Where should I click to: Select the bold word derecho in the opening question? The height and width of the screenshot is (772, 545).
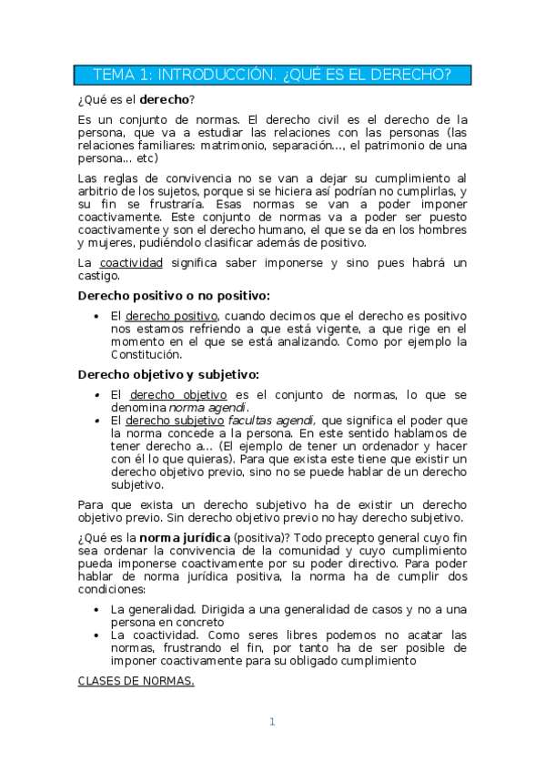coord(167,99)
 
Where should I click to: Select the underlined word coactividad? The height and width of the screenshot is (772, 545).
coord(131,263)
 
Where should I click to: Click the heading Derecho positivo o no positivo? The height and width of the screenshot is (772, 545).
coord(174,296)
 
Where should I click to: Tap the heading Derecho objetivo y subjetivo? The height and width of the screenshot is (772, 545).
coord(168,374)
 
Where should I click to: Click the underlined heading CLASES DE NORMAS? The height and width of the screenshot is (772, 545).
coord(136,681)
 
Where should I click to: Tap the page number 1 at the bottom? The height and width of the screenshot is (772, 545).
coord(271,722)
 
